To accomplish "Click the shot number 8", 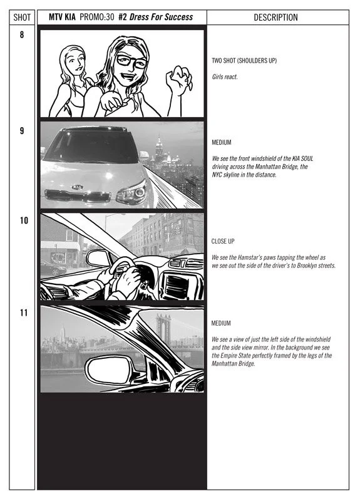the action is (x=22, y=34).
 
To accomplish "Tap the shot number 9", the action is (x=22, y=131).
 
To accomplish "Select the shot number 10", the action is (x=24, y=220).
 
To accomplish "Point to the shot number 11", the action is (x=24, y=312).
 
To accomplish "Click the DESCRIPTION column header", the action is (x=275, y=18).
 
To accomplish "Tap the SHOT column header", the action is (x=22, y=18).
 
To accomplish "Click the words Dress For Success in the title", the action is (x=161, y=17).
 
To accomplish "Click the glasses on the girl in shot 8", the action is (x=132, y=61).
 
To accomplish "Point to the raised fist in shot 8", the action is (x=178, y=80).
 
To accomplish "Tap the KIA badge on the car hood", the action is (x=77, y=187).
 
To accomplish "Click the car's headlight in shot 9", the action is (x=132, y=193).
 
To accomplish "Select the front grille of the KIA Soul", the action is (x=78, y=195).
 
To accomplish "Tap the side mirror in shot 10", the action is (x=98, y=258).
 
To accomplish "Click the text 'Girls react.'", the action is (x=225, y=76).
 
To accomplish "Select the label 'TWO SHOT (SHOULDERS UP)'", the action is (x=244, y=60).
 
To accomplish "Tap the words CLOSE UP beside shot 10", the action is (x=223, y=241).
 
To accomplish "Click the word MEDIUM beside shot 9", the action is (x=222, y=143).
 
